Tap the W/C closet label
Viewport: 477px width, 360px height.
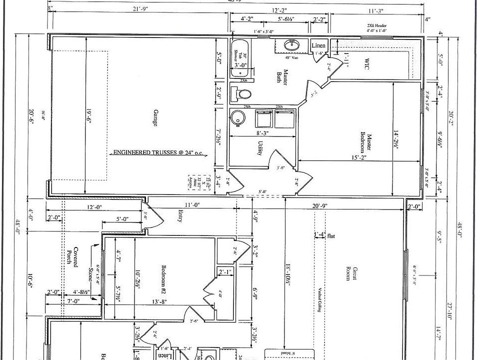(x=366, y=63)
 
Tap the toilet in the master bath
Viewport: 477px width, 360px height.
(x=243, y=93)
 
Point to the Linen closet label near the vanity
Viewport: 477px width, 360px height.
(x=318, y=46)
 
